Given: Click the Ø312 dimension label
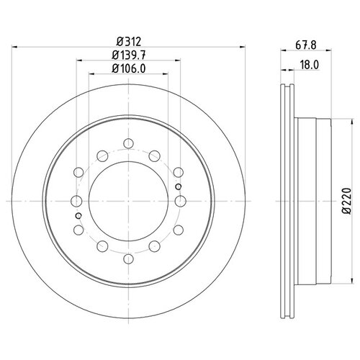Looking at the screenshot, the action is (x=129, y=42).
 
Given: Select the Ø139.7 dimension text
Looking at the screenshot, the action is (x=129, y=55).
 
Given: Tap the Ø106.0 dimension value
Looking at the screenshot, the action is (x=129, y=69).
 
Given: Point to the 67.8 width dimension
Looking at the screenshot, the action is (x=306, y=45).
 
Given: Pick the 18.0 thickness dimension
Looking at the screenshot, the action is (x=310, y=65).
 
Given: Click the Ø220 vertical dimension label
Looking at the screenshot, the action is (x=347, y=201).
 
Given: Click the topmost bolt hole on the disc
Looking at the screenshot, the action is (x=128, y=143).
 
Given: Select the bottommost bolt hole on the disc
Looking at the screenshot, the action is (x=129, y=259).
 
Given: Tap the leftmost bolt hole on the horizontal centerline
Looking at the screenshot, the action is (x=77, y=201).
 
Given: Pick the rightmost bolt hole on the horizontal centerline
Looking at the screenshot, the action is (x=180, y=201).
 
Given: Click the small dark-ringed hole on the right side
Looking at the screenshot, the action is (x=179, y=186).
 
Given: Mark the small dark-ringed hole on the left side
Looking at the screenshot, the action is (x=78, y=216).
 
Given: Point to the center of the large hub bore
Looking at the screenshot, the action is (x=128, y=201).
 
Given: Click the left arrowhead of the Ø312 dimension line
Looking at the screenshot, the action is (x=14, y=47).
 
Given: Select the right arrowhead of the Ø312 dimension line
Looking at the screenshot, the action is (x=243, y=47).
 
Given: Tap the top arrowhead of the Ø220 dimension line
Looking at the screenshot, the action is (x=352, y=122).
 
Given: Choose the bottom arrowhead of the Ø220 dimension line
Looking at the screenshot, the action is (x=352, y=281).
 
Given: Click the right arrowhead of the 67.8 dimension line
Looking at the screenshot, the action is (x=328, y=50).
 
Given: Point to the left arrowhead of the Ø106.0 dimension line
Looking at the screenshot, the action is (x=91, y=74).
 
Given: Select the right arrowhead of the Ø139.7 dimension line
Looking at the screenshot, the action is (x=178, y=60).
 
